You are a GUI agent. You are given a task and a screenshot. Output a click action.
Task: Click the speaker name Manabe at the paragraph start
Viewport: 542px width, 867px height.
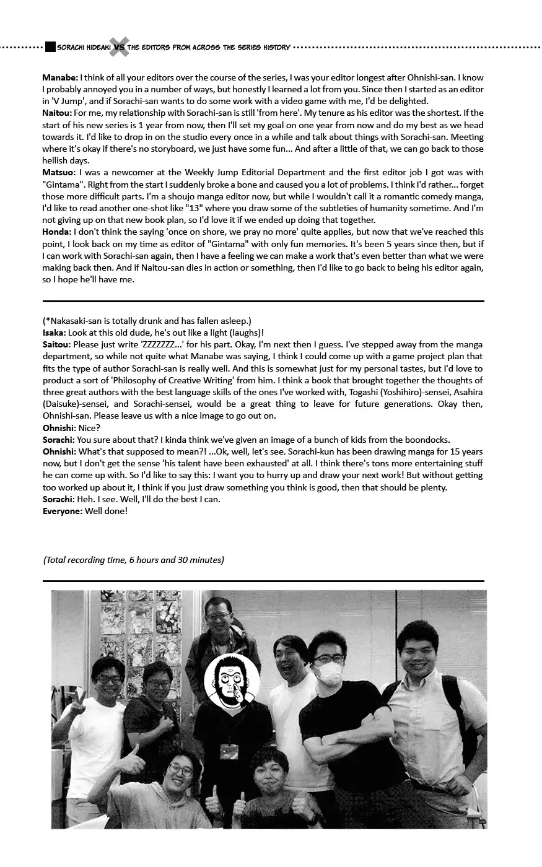(60, 77)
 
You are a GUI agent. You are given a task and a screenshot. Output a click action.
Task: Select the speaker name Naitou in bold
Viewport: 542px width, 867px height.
(57, 113)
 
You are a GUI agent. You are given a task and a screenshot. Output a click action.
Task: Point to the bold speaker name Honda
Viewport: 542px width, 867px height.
(56, 232)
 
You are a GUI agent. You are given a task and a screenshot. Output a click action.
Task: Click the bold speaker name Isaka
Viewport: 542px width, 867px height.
(55, 333)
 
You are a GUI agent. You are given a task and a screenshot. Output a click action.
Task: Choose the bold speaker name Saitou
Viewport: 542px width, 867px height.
(56, 344)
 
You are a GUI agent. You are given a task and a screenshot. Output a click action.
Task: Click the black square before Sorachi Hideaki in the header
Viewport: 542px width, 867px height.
(50, 47)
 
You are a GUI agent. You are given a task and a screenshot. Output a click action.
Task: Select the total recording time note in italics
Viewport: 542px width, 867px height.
(134, 560)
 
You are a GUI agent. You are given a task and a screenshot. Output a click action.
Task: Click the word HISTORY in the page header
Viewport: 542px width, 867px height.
(274, 47)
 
